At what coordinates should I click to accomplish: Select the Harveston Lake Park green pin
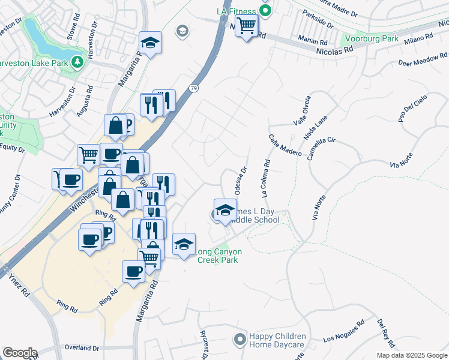click(76, 62)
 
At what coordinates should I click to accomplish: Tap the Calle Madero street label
click(285, 145)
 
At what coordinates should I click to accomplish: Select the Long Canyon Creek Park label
click(217, 256)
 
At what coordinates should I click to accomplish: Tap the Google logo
click(19, 353)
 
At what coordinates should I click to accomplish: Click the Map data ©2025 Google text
click(412, 355)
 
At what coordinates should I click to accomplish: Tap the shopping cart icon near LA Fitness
click(246, 26)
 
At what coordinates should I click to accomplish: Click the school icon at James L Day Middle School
click(225, 210)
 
